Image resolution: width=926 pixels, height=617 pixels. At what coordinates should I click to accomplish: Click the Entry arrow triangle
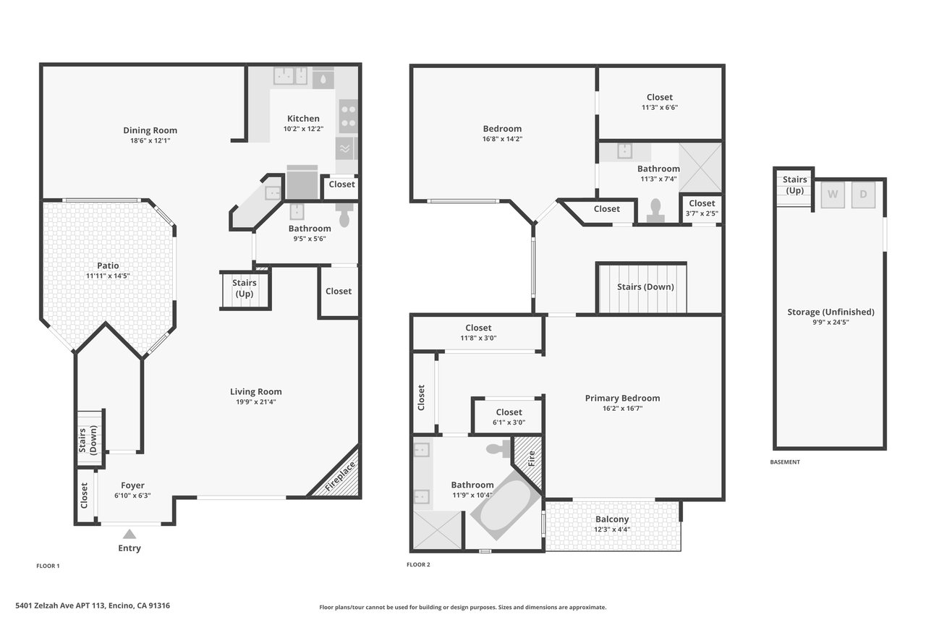click(x=129, y=534)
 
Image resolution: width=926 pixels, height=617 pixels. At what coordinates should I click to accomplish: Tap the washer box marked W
click(x=833, y=195)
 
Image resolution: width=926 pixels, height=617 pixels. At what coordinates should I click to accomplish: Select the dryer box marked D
click(x=863, y=195)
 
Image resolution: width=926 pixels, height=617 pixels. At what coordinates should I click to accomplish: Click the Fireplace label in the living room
click(x=340, y=477)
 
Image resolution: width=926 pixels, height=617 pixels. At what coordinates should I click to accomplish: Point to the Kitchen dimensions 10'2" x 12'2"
click(x=303, y=129)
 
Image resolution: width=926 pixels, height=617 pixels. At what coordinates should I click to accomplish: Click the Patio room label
click(x=108, y=265)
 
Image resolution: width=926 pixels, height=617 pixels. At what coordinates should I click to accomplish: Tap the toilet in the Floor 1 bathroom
click(x=344, y=214)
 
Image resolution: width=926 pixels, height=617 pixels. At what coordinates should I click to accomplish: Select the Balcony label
click(x=612, y=519)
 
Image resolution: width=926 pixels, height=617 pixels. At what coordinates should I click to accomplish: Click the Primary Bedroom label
click(x=622, y=398)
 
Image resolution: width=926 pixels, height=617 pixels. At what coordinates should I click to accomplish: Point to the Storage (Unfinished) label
click(x=831, y=312)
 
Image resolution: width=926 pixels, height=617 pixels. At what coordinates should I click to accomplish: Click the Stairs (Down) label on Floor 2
click(x=645, y=287)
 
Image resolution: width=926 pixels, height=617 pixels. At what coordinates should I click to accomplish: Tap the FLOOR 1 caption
click(x=48, y=566)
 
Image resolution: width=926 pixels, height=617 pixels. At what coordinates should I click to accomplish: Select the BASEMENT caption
click(x=785, y=462)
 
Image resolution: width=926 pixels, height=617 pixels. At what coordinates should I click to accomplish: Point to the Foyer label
click(x=132, y=485)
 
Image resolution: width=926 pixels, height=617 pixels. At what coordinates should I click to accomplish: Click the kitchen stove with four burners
click(x=349, y=116)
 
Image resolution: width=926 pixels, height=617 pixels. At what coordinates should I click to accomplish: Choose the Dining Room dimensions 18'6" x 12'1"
click(x=150, y=140)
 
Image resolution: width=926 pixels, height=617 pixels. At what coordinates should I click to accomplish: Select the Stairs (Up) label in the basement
click(x=794, y=184)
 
